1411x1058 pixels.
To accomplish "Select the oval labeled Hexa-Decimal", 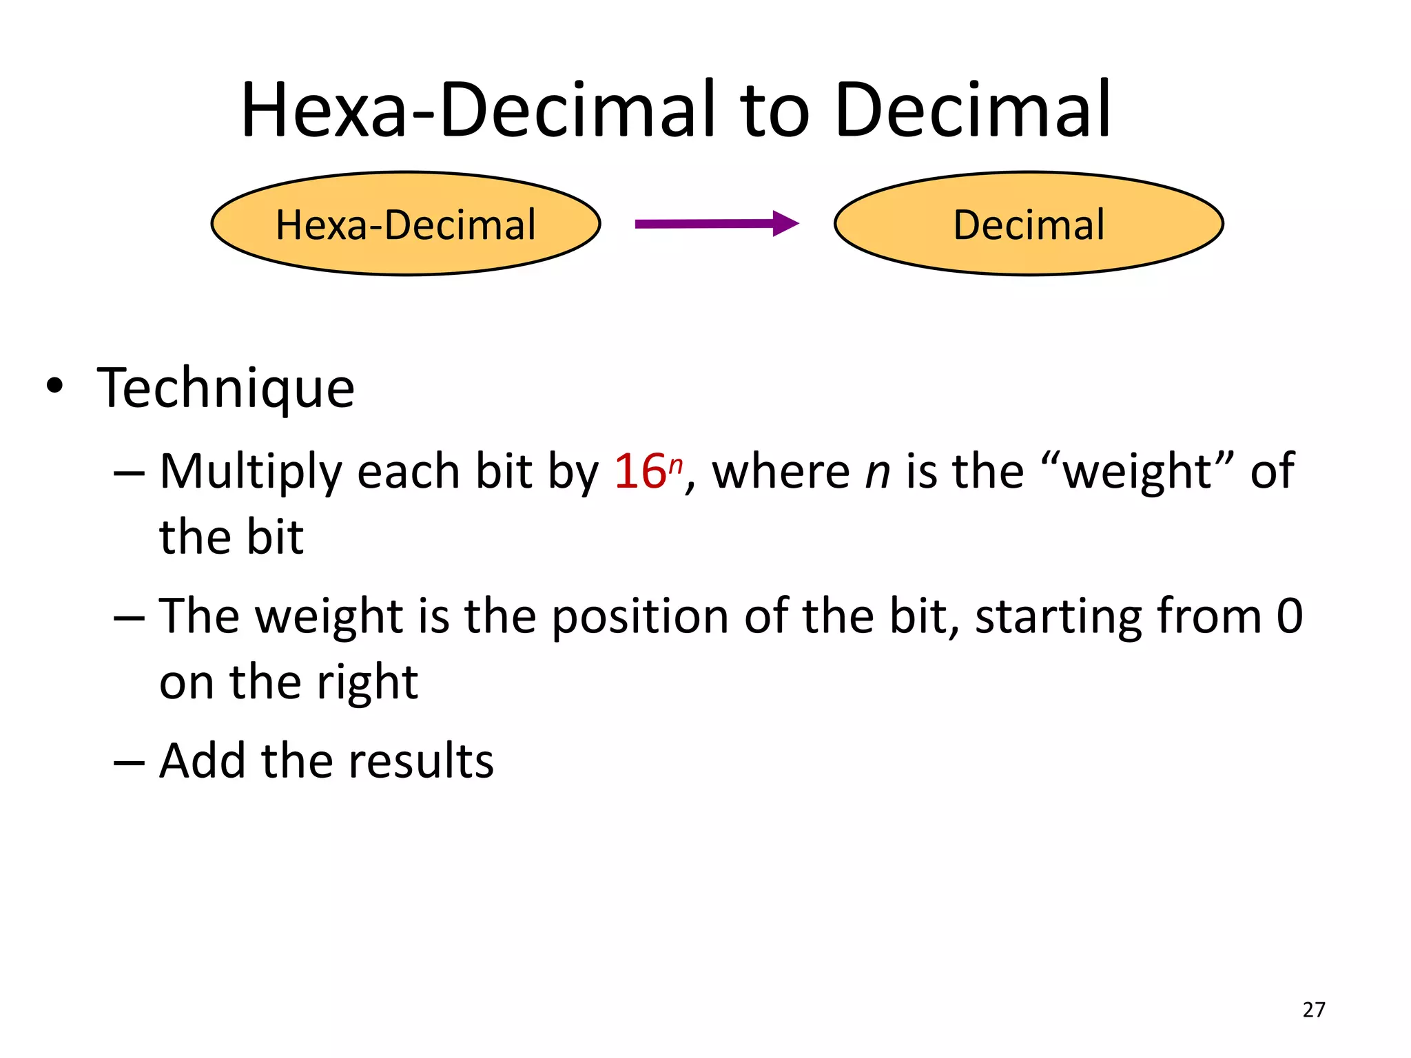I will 406,224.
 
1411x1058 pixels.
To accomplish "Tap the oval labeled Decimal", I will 1028,224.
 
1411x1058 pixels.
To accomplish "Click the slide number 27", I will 1314,1010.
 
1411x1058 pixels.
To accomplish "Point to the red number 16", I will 639,473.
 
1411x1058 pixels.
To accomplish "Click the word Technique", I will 225,389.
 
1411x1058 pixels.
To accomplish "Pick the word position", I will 639,616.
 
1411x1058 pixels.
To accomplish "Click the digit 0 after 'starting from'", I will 1289,616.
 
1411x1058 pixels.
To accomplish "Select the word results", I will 421,761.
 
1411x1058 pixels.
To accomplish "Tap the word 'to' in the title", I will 774,110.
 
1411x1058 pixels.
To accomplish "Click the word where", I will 781,473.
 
